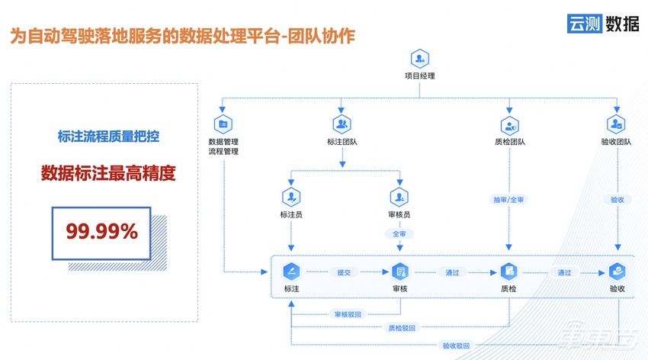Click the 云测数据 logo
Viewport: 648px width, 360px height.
tap(602, 23)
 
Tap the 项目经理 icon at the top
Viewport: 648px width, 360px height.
tap(420, 59)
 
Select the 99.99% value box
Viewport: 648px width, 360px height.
tap(101, 232)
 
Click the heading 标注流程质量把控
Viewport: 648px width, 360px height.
tap(108, 137)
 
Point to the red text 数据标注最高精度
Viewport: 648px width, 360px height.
tap(108, 174)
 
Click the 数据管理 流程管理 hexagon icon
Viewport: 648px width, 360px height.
tap(223, 124)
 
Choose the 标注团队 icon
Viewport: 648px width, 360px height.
tap(342, 124)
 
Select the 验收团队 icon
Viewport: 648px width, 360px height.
tap(616, 124)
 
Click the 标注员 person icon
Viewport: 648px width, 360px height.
tap(291, 196)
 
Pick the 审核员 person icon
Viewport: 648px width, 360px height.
tap(399, 196)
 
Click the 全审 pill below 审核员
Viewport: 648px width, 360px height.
tap(399, 234)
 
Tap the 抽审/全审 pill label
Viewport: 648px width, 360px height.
tap(508, 200)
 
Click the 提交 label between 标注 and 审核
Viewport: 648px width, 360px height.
tap(344, 272)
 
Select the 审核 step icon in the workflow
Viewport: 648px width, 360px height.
tap(400, 272)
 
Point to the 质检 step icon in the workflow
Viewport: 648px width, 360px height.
tap(508, 272)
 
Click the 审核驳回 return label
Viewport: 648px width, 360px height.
tap(348, 314)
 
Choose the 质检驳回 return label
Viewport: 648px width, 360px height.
tap(402, 328)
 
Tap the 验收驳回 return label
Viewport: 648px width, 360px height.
tap(456, 345)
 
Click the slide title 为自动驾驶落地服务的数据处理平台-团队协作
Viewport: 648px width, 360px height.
tap(183, 36)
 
